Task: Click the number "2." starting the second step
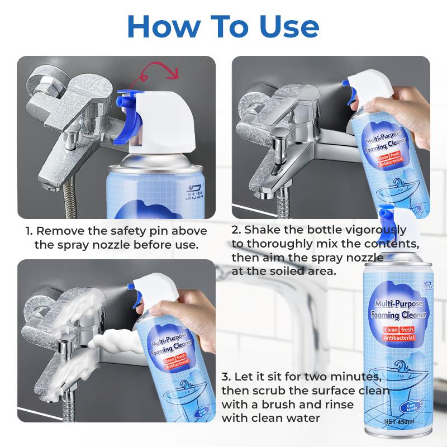click(x=237, y=230)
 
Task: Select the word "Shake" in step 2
click(x=263, y=230)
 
